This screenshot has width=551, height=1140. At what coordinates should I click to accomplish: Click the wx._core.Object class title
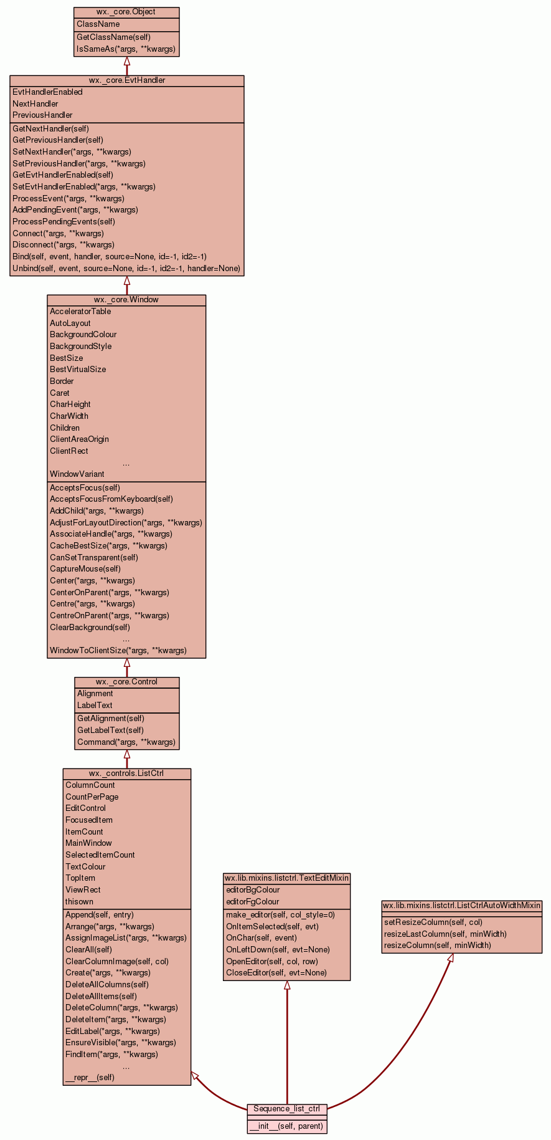tap(126, 12)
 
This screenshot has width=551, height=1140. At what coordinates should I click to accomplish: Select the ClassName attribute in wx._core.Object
tap(98, 24)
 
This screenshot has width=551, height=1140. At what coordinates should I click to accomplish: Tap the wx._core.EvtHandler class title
tap(126, 80)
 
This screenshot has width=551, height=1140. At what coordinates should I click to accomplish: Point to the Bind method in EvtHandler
tap(110, 256)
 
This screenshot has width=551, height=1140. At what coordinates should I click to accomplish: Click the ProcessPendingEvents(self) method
tap(64, 221)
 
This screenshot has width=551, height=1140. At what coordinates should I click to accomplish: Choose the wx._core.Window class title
tap(126, 300)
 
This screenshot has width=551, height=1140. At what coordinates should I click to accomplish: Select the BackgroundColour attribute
tap(83, 335)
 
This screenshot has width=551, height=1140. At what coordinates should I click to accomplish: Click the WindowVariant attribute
tap(77, 474)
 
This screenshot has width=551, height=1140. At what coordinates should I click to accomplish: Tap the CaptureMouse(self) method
tap(85, 568)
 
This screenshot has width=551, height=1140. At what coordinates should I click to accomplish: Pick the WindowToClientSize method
tap(118, 650)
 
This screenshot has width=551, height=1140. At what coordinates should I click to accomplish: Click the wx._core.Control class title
tap(126, 682)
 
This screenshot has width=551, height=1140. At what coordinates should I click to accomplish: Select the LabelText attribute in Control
tap(95, 706)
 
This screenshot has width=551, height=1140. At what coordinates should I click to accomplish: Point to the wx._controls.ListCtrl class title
tap(126, 774)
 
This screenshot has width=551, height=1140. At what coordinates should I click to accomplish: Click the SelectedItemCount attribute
tap(100, 855)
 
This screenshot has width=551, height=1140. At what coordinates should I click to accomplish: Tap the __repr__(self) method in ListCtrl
tap(90, 1077)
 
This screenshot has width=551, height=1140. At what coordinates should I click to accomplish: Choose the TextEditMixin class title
tap(286, 878)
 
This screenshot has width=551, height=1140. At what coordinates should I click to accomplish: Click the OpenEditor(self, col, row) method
tap(271, 961)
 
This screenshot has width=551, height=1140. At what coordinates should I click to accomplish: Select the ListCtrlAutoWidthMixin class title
tap(461, 906)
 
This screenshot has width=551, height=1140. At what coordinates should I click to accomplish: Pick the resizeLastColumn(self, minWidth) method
tap(445, 934)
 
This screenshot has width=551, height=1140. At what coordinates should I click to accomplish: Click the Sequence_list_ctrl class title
tap(286, 1109)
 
